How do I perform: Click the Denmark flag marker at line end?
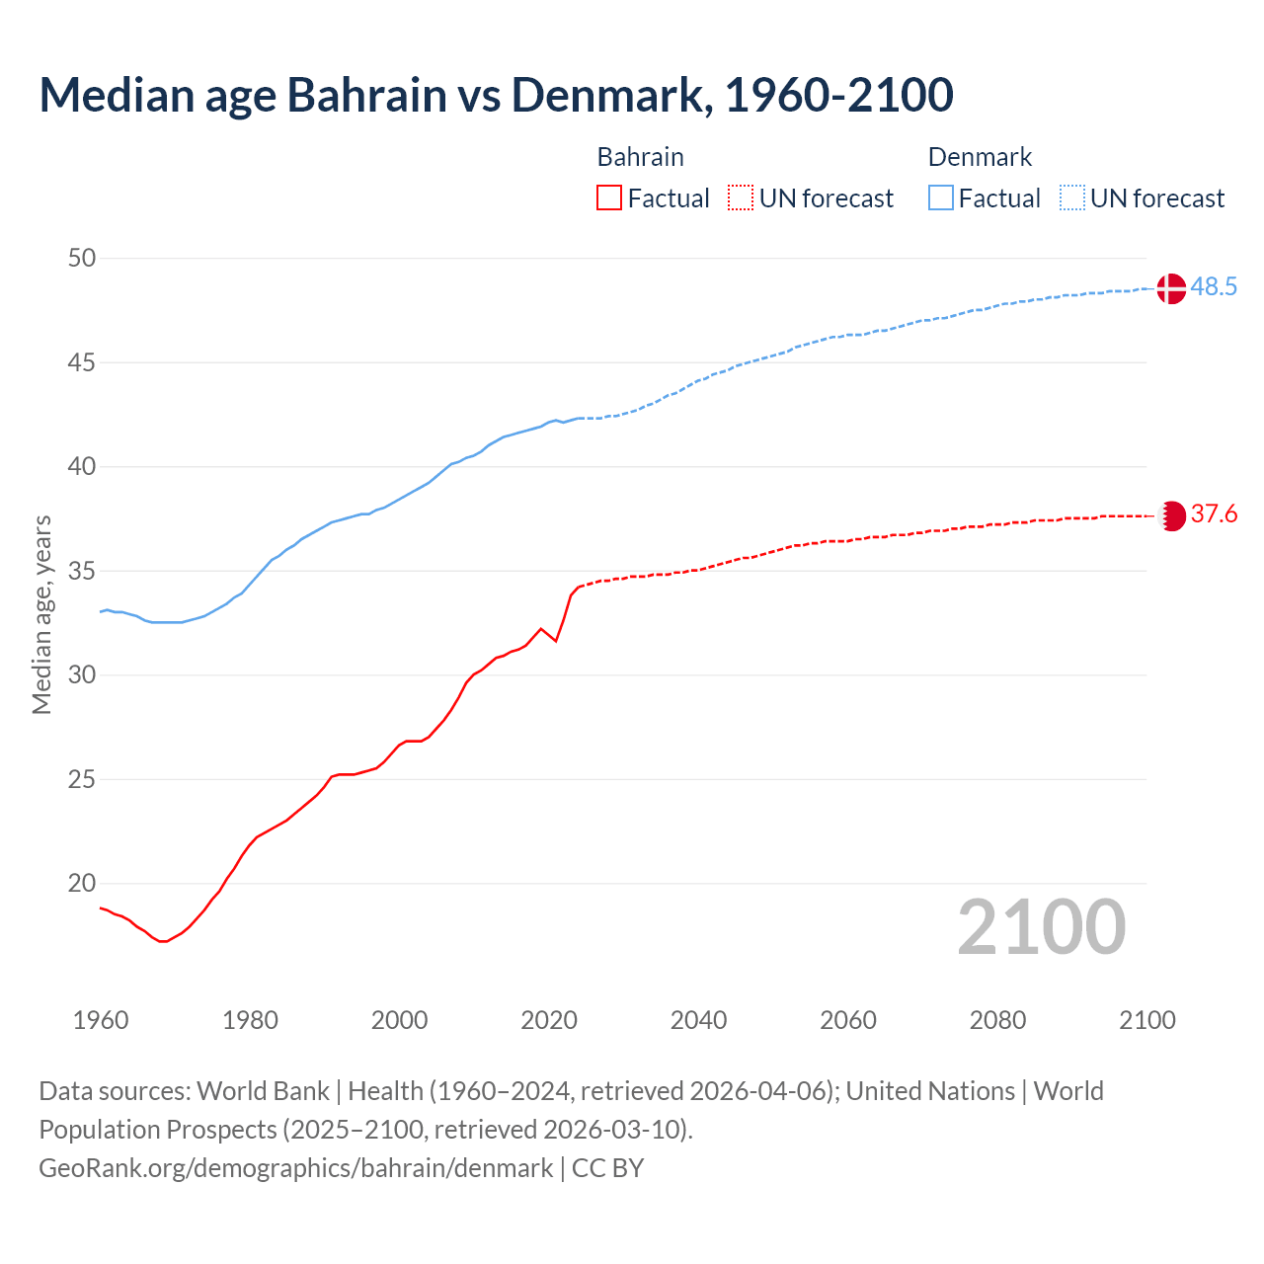point(1170,288)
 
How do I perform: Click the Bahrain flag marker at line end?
point(1171,515)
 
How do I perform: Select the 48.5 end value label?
point(1214,287)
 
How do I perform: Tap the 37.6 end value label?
point(1214,514)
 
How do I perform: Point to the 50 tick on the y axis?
point(82,259)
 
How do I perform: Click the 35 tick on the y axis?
point(82,571)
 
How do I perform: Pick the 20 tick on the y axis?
point(82,884)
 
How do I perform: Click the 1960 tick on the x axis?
point(101,1020)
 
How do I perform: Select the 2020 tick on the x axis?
point(549,1020)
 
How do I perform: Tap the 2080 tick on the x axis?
point(997,1020)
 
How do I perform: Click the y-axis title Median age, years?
point(41,614)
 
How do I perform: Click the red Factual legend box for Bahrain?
point(609,198)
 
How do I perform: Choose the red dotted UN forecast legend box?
point(741,198)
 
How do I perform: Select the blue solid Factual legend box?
point(941,198)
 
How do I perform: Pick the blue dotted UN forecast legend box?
point(1071,198)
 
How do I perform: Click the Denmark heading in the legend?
point(980,157)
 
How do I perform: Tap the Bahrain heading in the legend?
point(640,157)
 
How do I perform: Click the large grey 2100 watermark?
point(1041,927)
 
